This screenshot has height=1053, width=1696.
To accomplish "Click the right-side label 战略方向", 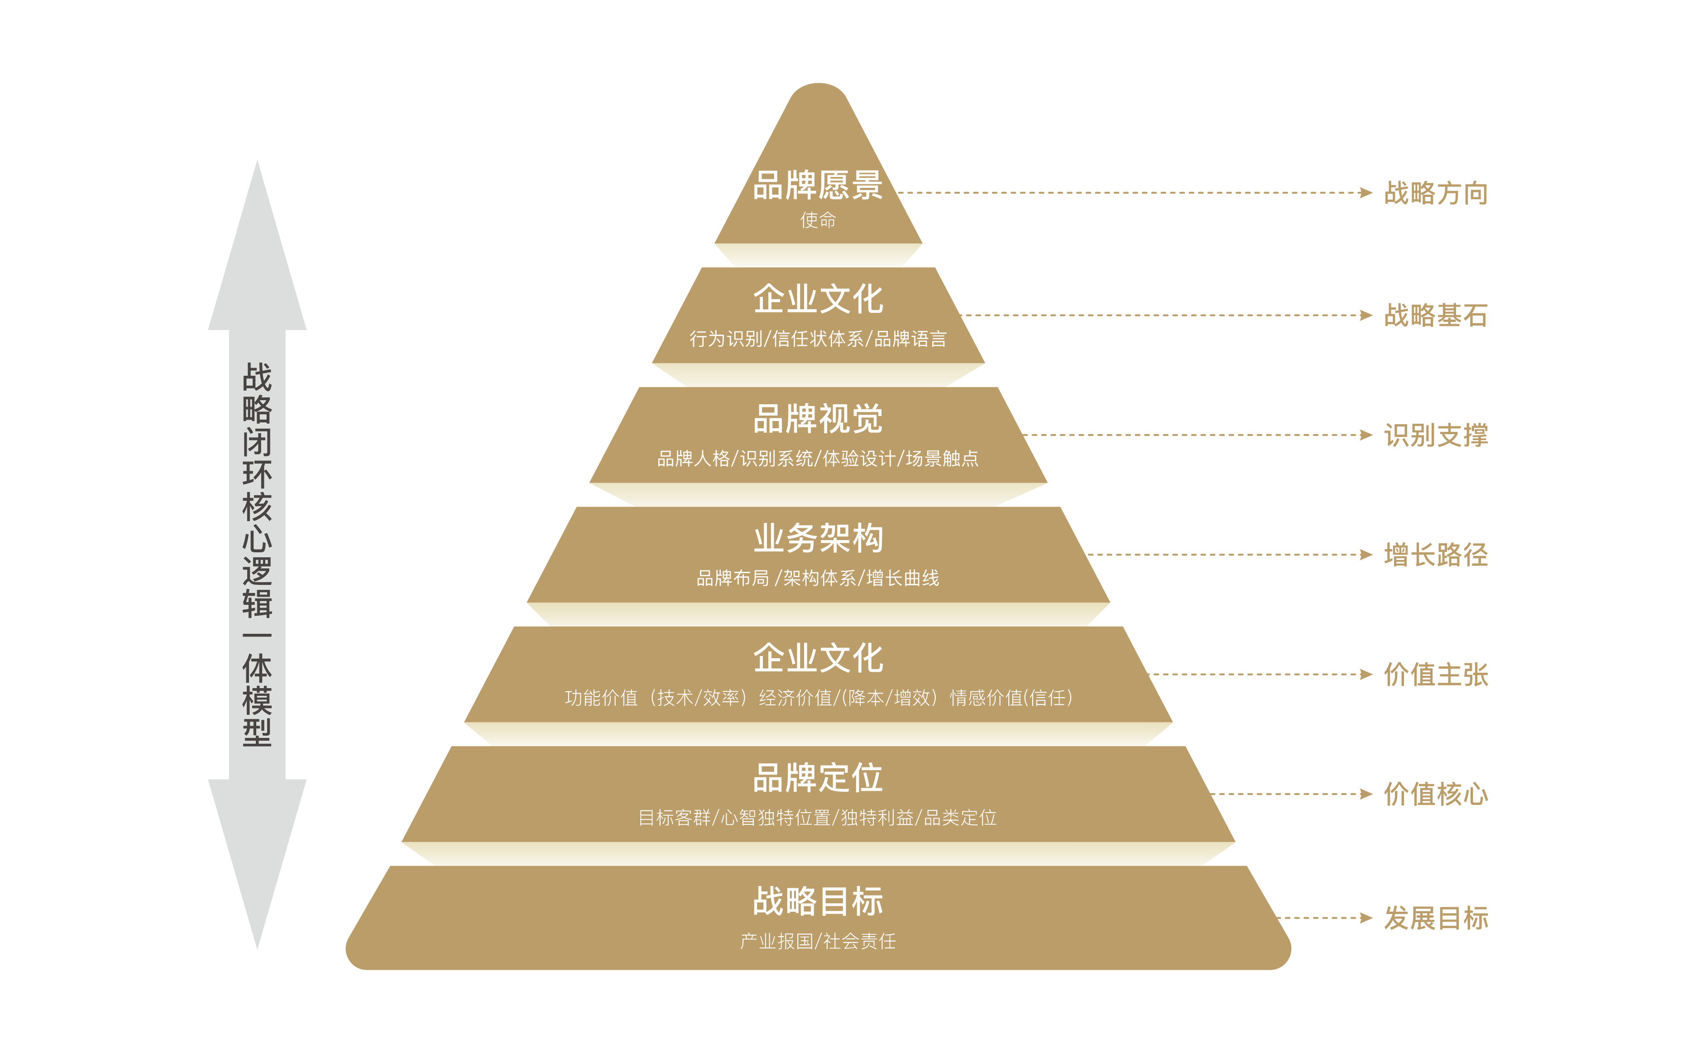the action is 1436,193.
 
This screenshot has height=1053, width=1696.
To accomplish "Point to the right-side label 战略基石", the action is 1436,316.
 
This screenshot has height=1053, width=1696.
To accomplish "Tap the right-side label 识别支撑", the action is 1436,435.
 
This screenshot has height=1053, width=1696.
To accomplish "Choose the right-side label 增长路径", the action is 1436,555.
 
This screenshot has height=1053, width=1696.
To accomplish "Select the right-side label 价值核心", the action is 1436,794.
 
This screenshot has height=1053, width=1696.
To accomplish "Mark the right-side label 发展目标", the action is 1436,918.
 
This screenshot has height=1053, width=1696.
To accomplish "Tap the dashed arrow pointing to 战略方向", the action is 1135,193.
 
